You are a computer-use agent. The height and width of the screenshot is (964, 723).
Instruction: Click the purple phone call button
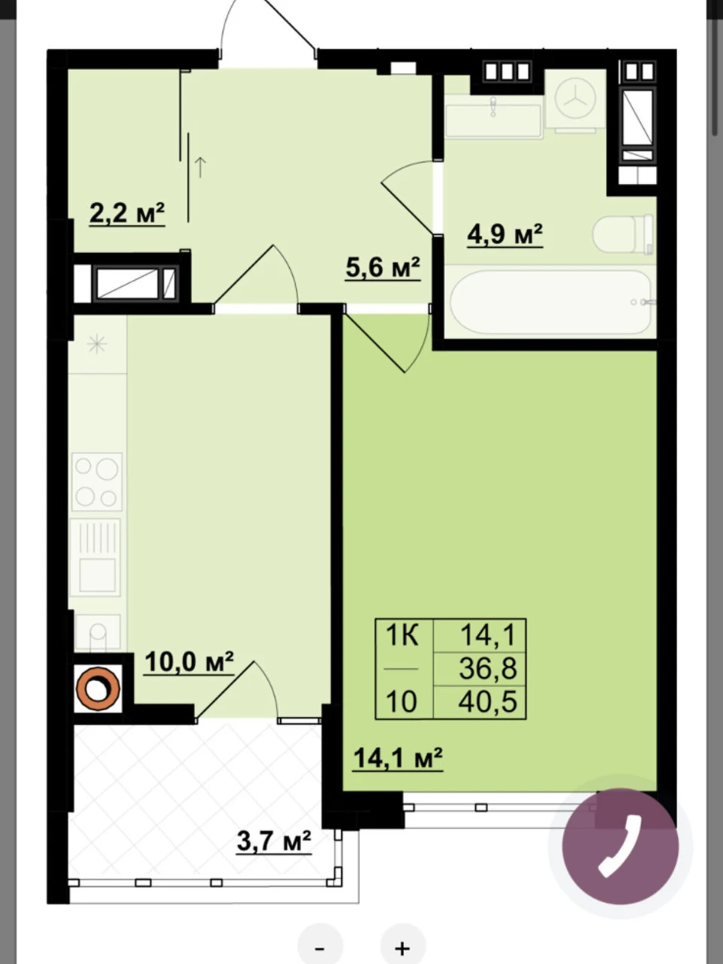(620, 847)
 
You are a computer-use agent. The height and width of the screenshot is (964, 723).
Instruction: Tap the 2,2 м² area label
(127, 213)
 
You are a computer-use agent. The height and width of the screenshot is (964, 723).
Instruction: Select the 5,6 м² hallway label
(383, 268)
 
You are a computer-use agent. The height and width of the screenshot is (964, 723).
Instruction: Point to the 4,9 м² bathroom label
(505, 235)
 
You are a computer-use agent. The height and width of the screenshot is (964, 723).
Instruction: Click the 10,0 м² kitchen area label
(189, 663)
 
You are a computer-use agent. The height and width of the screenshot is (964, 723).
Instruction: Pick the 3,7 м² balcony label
(274, 840)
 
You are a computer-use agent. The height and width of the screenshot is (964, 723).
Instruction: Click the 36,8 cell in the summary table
(488, 669)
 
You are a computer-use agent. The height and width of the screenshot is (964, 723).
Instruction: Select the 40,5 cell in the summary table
(488, 701)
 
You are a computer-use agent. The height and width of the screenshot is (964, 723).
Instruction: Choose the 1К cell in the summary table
(402, 636)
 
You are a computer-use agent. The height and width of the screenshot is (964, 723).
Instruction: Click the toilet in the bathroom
(623, 233)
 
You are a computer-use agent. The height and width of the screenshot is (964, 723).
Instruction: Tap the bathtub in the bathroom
(551, 302)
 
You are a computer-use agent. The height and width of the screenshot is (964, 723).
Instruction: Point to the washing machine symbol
(575, 100)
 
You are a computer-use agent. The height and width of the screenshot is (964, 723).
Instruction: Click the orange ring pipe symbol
(98, 688)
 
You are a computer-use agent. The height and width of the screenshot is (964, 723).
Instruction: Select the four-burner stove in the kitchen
(96, 482)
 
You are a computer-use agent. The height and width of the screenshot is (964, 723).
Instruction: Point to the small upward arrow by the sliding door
(200, 167)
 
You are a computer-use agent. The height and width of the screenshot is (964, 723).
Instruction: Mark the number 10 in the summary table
(401, 701)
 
